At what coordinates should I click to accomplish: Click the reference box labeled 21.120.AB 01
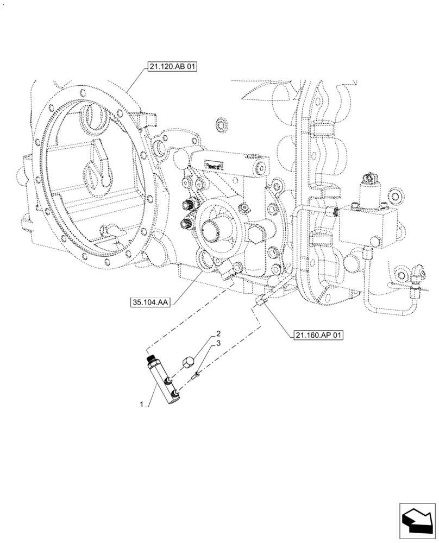coord(171,67)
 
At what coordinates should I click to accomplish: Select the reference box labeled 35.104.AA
coord(149,302)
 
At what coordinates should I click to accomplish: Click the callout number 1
coord(142,405)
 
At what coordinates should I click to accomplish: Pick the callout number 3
coord(218,344)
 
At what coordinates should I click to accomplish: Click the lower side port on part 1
coord(174,394)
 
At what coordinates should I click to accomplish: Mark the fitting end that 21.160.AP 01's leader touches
coord(260,300)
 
